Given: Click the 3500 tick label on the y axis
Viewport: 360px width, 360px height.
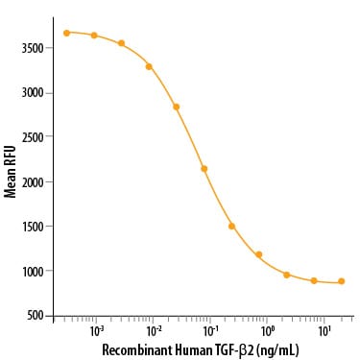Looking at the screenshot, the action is click(32, 48).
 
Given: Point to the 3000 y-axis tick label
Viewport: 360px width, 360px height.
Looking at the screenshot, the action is click(32, 93).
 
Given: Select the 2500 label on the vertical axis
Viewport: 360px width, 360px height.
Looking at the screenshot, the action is click(32, 137).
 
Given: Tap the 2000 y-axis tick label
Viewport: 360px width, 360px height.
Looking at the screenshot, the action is click(32, 182).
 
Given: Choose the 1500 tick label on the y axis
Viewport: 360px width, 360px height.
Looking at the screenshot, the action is click(32, 227).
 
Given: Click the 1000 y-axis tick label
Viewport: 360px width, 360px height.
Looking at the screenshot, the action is click(32, 271).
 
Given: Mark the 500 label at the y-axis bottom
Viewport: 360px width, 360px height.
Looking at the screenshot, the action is click(35, 316).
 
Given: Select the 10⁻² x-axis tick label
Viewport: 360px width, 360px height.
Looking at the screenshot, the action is click(154, 331).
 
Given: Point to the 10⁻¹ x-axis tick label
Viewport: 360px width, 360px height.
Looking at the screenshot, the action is click(210, 331).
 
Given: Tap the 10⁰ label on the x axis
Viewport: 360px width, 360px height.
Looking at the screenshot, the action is click(267, 331).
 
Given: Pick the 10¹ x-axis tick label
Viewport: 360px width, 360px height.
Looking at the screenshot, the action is click(324, 331).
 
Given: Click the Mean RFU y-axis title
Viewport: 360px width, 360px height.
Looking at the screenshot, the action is click(11, 172).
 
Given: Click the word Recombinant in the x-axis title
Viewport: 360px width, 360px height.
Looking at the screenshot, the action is click(137, 350).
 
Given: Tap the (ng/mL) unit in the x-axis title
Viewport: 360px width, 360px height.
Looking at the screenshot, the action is click(277, 350).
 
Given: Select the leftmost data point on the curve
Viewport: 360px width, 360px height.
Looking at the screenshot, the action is click(66, 33).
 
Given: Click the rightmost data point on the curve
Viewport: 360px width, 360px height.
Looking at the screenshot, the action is click(342, 281).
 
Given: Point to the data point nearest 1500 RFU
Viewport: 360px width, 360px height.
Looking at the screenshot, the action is click(231, 227).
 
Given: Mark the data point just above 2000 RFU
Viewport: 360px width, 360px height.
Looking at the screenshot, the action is click(204, 169).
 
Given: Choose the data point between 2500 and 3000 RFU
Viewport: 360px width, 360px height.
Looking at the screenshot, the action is click(177, 107).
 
